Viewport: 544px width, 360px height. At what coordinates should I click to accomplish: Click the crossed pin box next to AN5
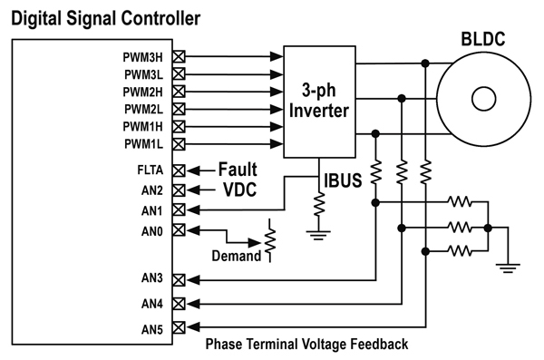click(179, 327)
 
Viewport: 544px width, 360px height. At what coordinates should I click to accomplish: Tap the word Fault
click(237, 170)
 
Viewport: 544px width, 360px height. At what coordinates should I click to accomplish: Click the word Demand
click(236, 257)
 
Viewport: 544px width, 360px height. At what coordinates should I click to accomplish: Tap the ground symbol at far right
click(508, 266)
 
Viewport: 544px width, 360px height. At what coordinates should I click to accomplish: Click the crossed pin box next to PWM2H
click(179, 92)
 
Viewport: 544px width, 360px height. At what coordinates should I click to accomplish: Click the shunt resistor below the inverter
click(318, 205)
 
